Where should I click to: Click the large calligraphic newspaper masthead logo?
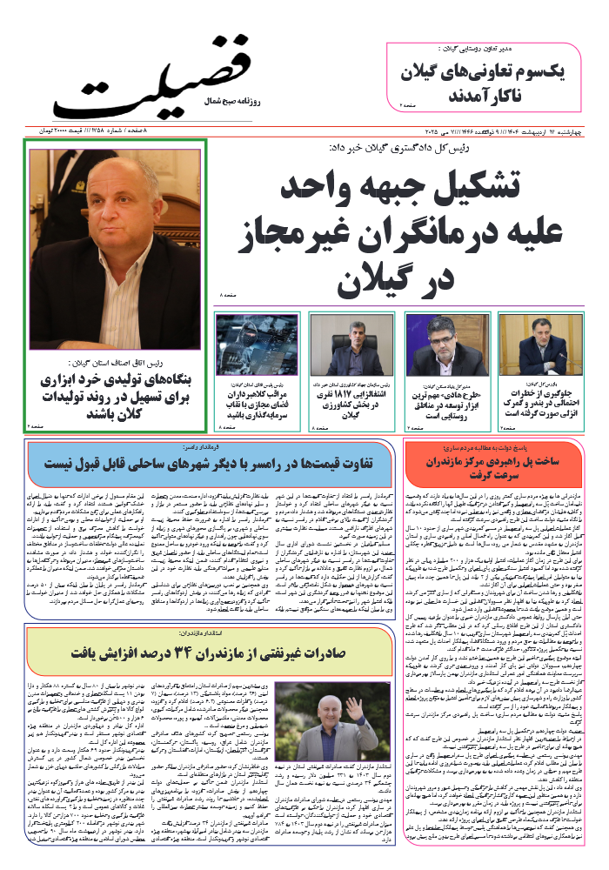[152, 83]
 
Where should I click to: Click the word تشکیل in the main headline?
[522, 188]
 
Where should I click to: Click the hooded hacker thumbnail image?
[258, 345]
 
